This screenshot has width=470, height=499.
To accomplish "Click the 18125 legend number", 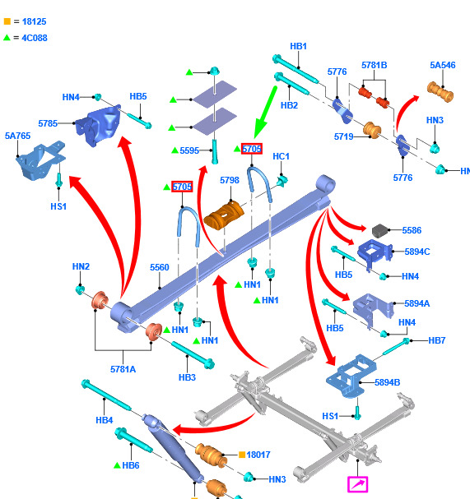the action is tap(34, 21).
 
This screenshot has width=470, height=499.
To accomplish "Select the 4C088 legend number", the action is tap(35, 38).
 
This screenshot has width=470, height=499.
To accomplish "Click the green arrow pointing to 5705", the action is tap(265, 112).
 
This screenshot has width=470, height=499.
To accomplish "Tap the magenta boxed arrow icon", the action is tap(357, 484).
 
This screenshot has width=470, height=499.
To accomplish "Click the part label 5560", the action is tap(160, 267).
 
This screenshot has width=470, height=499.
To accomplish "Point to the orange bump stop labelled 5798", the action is tap(224, 215).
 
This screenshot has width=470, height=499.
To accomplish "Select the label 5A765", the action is tap(17, 136).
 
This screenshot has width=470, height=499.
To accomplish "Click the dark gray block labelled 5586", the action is tap(380, 231).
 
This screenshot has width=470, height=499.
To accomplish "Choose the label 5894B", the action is tap(387, 382).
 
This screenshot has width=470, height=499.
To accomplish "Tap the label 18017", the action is tap(258, 455).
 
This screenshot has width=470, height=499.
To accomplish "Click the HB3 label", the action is tap(187, 377).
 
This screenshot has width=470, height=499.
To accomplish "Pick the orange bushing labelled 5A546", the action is tap(440, 91).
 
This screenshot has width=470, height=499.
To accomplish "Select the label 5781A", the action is tap(123, 369).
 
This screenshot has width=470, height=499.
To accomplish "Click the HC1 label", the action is tap(281, 156).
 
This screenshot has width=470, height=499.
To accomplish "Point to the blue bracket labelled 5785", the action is tap(98, 126).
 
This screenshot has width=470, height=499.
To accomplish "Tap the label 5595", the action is tap(189, 150).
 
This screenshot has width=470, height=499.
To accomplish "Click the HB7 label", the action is tap(436, 340).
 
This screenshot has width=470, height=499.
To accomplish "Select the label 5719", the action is tap(343, 136).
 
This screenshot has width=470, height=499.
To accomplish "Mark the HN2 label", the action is tap(81, 266).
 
